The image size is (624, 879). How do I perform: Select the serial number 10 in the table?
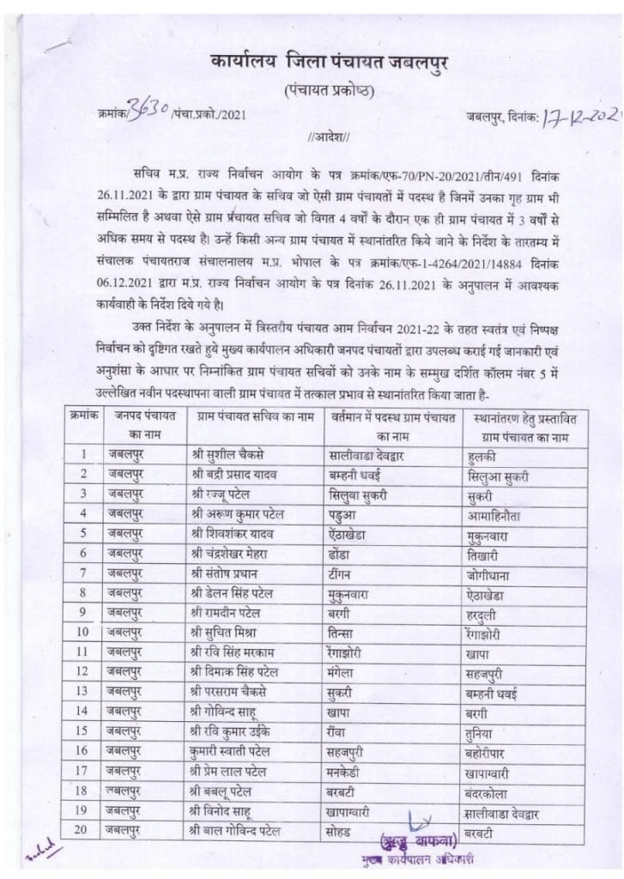pyautogui.click(x=84, y=632)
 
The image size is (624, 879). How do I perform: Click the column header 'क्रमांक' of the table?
pyautogui.click(x=83, y=415)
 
